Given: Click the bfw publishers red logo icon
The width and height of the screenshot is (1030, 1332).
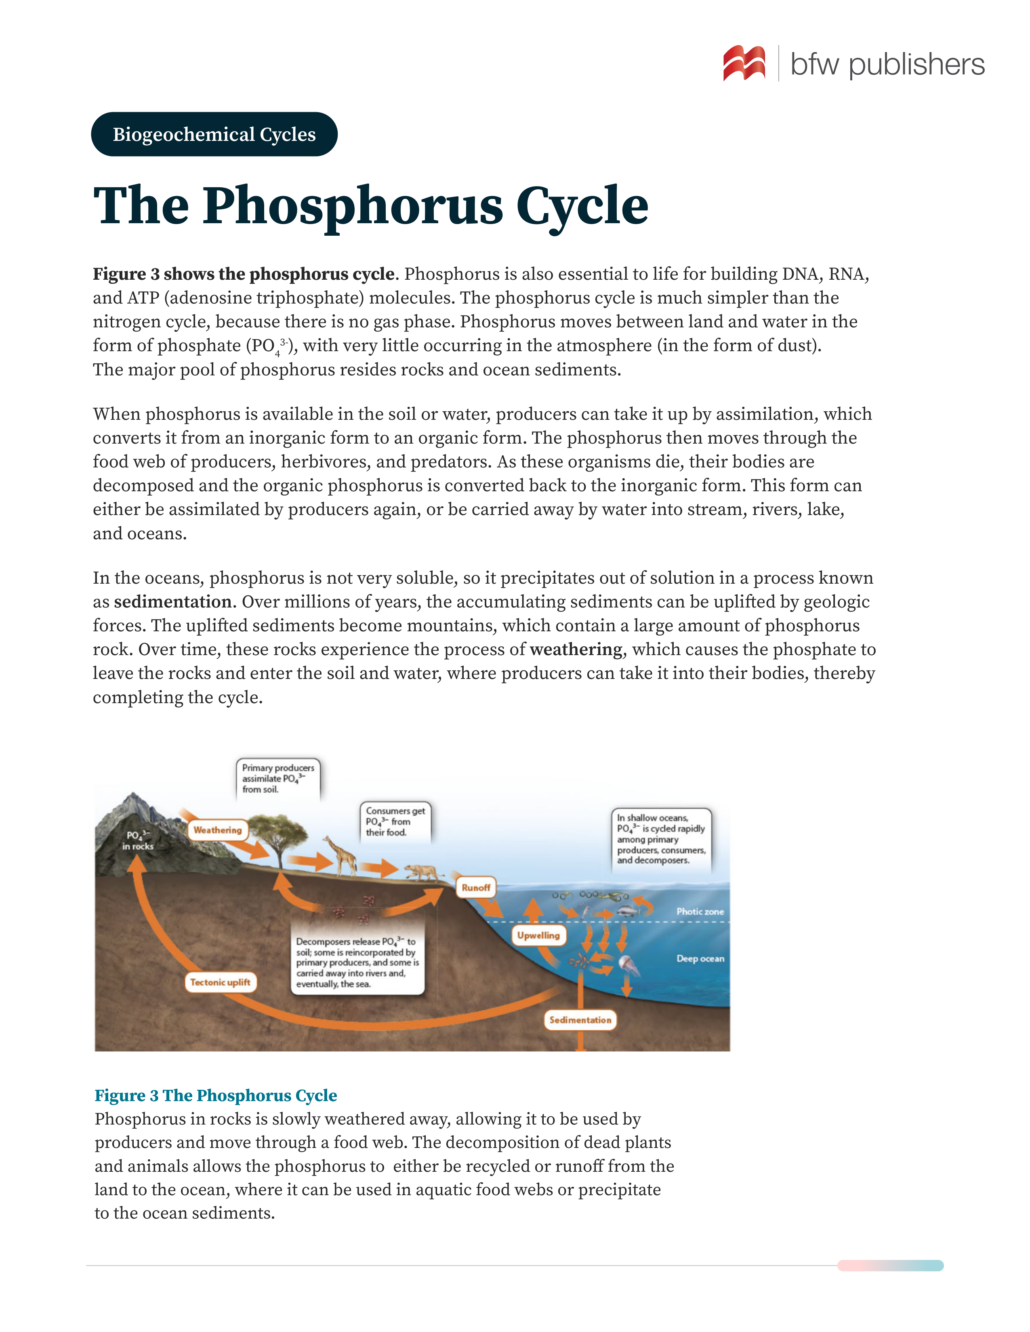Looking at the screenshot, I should [x=744, y=63].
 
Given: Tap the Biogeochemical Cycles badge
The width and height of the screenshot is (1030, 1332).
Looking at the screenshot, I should [x=214, y=134].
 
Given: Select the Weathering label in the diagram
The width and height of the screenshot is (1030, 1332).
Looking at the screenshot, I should [x=218, y=830].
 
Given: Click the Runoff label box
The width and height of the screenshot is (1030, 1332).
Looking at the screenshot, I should [x=475, y=887].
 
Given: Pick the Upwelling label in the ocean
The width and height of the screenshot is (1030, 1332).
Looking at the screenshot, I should [x=538, y=935].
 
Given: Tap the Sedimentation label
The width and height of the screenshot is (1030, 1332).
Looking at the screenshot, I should [x=580, y=1020].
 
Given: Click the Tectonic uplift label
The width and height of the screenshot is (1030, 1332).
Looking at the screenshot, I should [x=220, y=982].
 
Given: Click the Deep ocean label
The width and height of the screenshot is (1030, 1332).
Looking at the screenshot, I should [x=700, y=958].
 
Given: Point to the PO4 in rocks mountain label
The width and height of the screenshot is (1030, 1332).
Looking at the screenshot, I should [x=137, y=840].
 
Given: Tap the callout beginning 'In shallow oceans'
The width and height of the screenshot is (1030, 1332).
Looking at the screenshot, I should [x=661, y=839].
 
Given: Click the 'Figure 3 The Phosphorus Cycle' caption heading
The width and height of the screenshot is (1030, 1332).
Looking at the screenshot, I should [x=215, y=1095].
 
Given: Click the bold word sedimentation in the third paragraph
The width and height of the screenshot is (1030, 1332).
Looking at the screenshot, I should [x=172, y=602].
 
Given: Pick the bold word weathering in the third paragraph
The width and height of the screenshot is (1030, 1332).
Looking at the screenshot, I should [x=576, y=649].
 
